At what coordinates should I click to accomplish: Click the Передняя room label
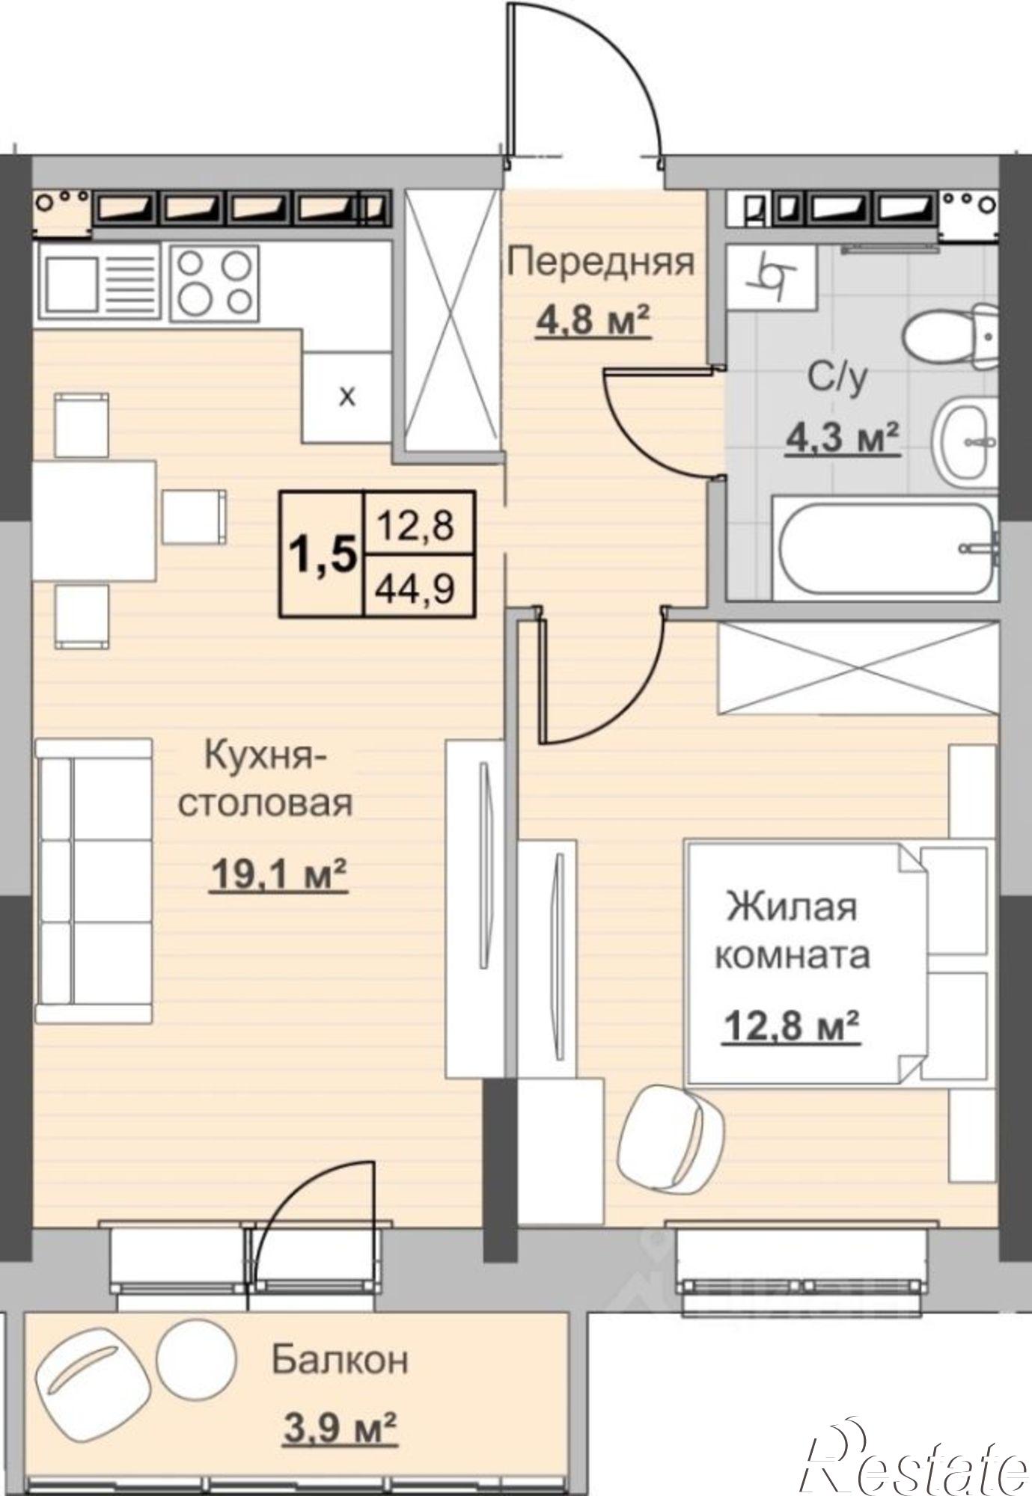[x=601, y=263]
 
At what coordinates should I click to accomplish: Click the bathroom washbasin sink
[x=966, y=442]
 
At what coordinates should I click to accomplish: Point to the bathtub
[x=886, y=550]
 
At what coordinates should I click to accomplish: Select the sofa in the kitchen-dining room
[x=94, y=880]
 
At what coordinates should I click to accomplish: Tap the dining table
[x=94, y=520]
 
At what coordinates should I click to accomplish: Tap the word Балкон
[x=340, y=1360]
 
